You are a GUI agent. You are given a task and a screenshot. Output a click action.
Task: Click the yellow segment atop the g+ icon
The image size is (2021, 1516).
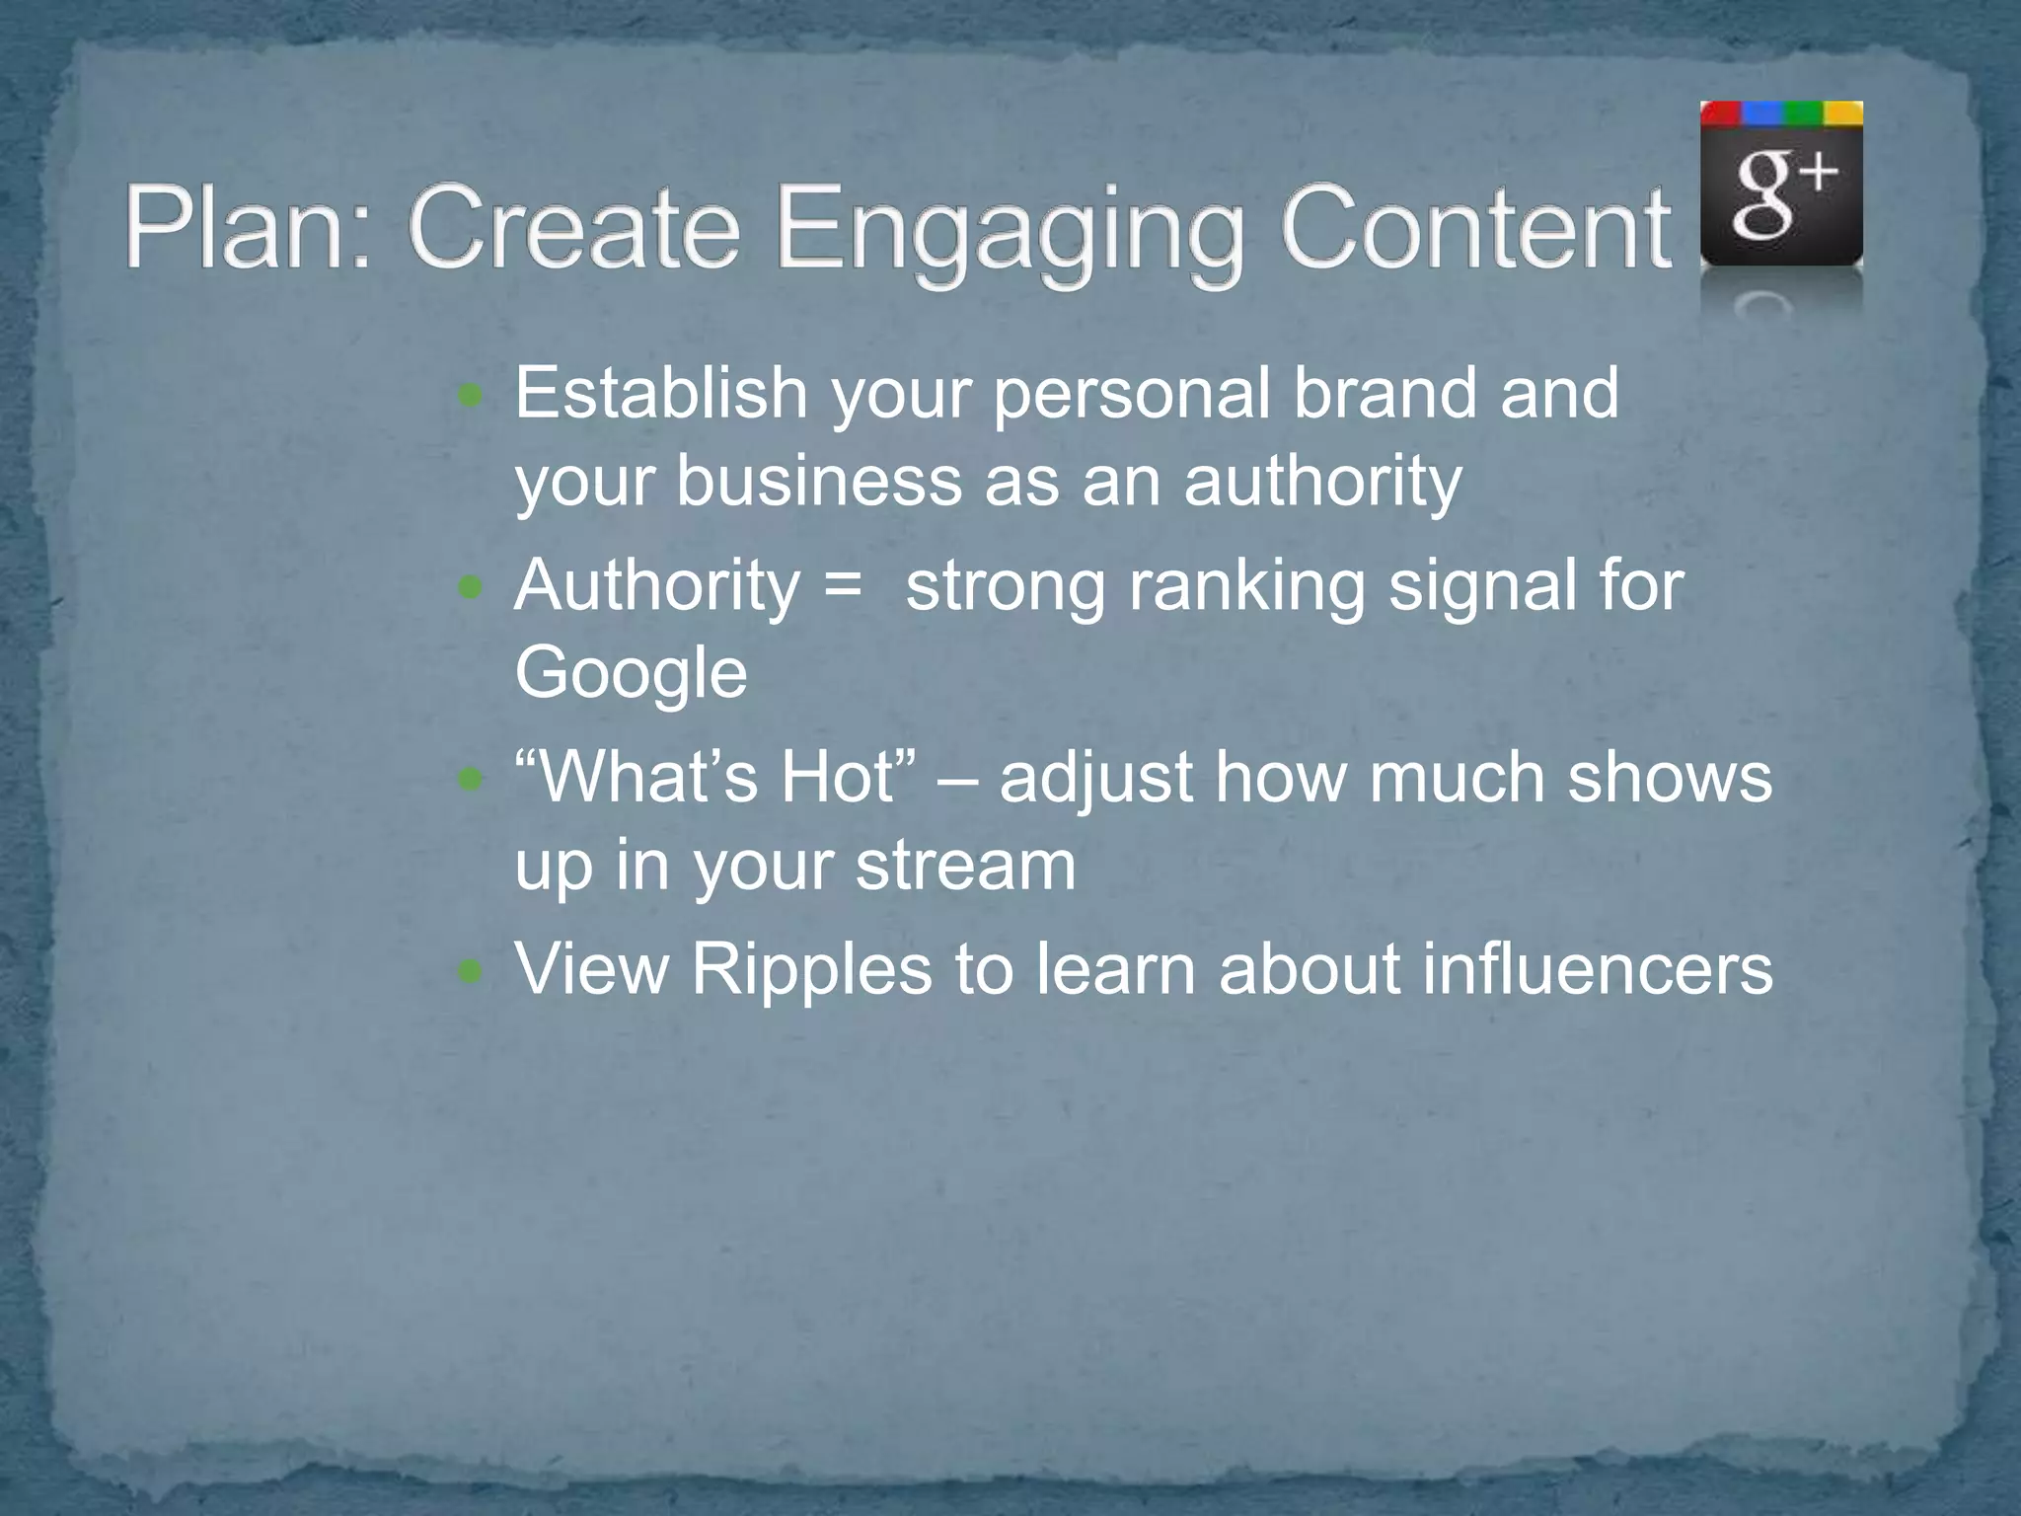(1842, 114)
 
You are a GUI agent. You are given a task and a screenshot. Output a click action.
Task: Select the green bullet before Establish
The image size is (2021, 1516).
(472, 398)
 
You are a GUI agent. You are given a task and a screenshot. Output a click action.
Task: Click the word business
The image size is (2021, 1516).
(818, 481)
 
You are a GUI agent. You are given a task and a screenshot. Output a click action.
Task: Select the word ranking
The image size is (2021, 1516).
(1246, 587)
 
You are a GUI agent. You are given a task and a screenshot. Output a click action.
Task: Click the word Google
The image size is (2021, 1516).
(631, 674)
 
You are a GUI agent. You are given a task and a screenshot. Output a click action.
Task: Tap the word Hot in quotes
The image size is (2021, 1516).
(837, 777)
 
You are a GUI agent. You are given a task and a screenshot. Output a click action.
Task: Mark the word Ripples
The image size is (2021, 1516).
(811, 970)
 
